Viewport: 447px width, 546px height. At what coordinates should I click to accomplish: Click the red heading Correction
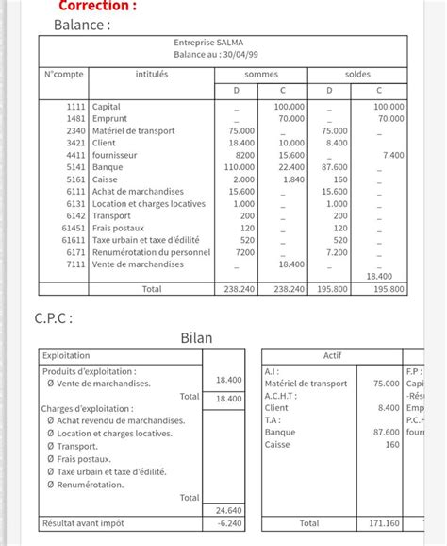pyautogui.click(x=97, y=6)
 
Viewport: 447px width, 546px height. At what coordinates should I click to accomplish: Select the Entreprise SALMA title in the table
pyautogui.click(x=223, y=43)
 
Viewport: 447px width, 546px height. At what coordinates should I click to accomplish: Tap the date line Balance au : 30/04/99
pyautogui.click(x=223, y=55)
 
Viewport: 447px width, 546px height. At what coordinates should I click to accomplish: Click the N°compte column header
pyautogui.click(x=64, y=74)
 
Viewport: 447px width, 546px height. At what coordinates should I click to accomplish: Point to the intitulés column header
pyautogui.click(x=151, y=74)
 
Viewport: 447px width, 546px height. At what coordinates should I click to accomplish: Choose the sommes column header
pyautogui.click(x=261, y=74)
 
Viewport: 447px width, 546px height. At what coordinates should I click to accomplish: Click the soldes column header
pyautogui.click(x=357, y=74)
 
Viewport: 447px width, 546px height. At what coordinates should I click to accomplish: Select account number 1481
pyautogui.click(x=75, y=119)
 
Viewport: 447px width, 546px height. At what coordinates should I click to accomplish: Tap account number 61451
pyautogui.click(x=73, y=229)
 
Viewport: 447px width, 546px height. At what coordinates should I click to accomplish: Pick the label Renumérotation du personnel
pyautogui.click(x=151, y=253)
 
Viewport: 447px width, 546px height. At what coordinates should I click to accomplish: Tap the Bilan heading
pyautogui.click(x=197, y=337)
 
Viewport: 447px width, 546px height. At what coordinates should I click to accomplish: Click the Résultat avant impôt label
pyautogui.click(x=82, y=522)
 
